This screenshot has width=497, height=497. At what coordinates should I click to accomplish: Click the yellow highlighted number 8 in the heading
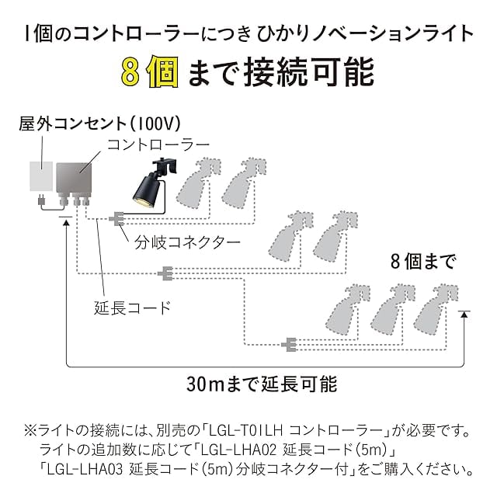click(130, 72)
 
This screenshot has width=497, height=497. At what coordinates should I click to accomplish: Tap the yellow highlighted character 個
click(162, 71)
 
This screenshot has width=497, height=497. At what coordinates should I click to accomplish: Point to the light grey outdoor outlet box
click(41, 176)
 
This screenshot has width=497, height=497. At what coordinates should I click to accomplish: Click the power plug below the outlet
click(41, 200)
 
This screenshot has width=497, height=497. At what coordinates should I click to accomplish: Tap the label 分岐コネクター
click(187, 243)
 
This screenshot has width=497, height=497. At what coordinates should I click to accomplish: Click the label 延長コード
click(133, 308)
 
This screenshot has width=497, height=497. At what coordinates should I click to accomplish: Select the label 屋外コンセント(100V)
click(99, 123)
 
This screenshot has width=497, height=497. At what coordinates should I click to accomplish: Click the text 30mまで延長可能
click(262, 384)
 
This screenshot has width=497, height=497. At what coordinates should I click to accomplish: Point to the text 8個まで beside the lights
click(423, 262)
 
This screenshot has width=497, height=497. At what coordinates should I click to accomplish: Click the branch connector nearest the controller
click(116, 219)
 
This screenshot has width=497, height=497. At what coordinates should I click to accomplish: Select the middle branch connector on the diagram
click(165, 273)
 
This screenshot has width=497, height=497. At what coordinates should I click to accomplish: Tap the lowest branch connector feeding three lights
click(289, 345)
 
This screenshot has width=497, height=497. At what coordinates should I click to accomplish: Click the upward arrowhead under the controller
click(66, 223)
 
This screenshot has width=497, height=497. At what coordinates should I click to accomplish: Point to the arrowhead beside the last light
click(464, 315)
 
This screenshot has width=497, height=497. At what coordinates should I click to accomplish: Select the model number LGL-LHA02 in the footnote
click(239, 450)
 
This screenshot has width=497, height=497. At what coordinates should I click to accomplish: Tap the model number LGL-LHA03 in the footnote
click(85, 469)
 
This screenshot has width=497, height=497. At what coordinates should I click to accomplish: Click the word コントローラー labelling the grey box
click(158, 145)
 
